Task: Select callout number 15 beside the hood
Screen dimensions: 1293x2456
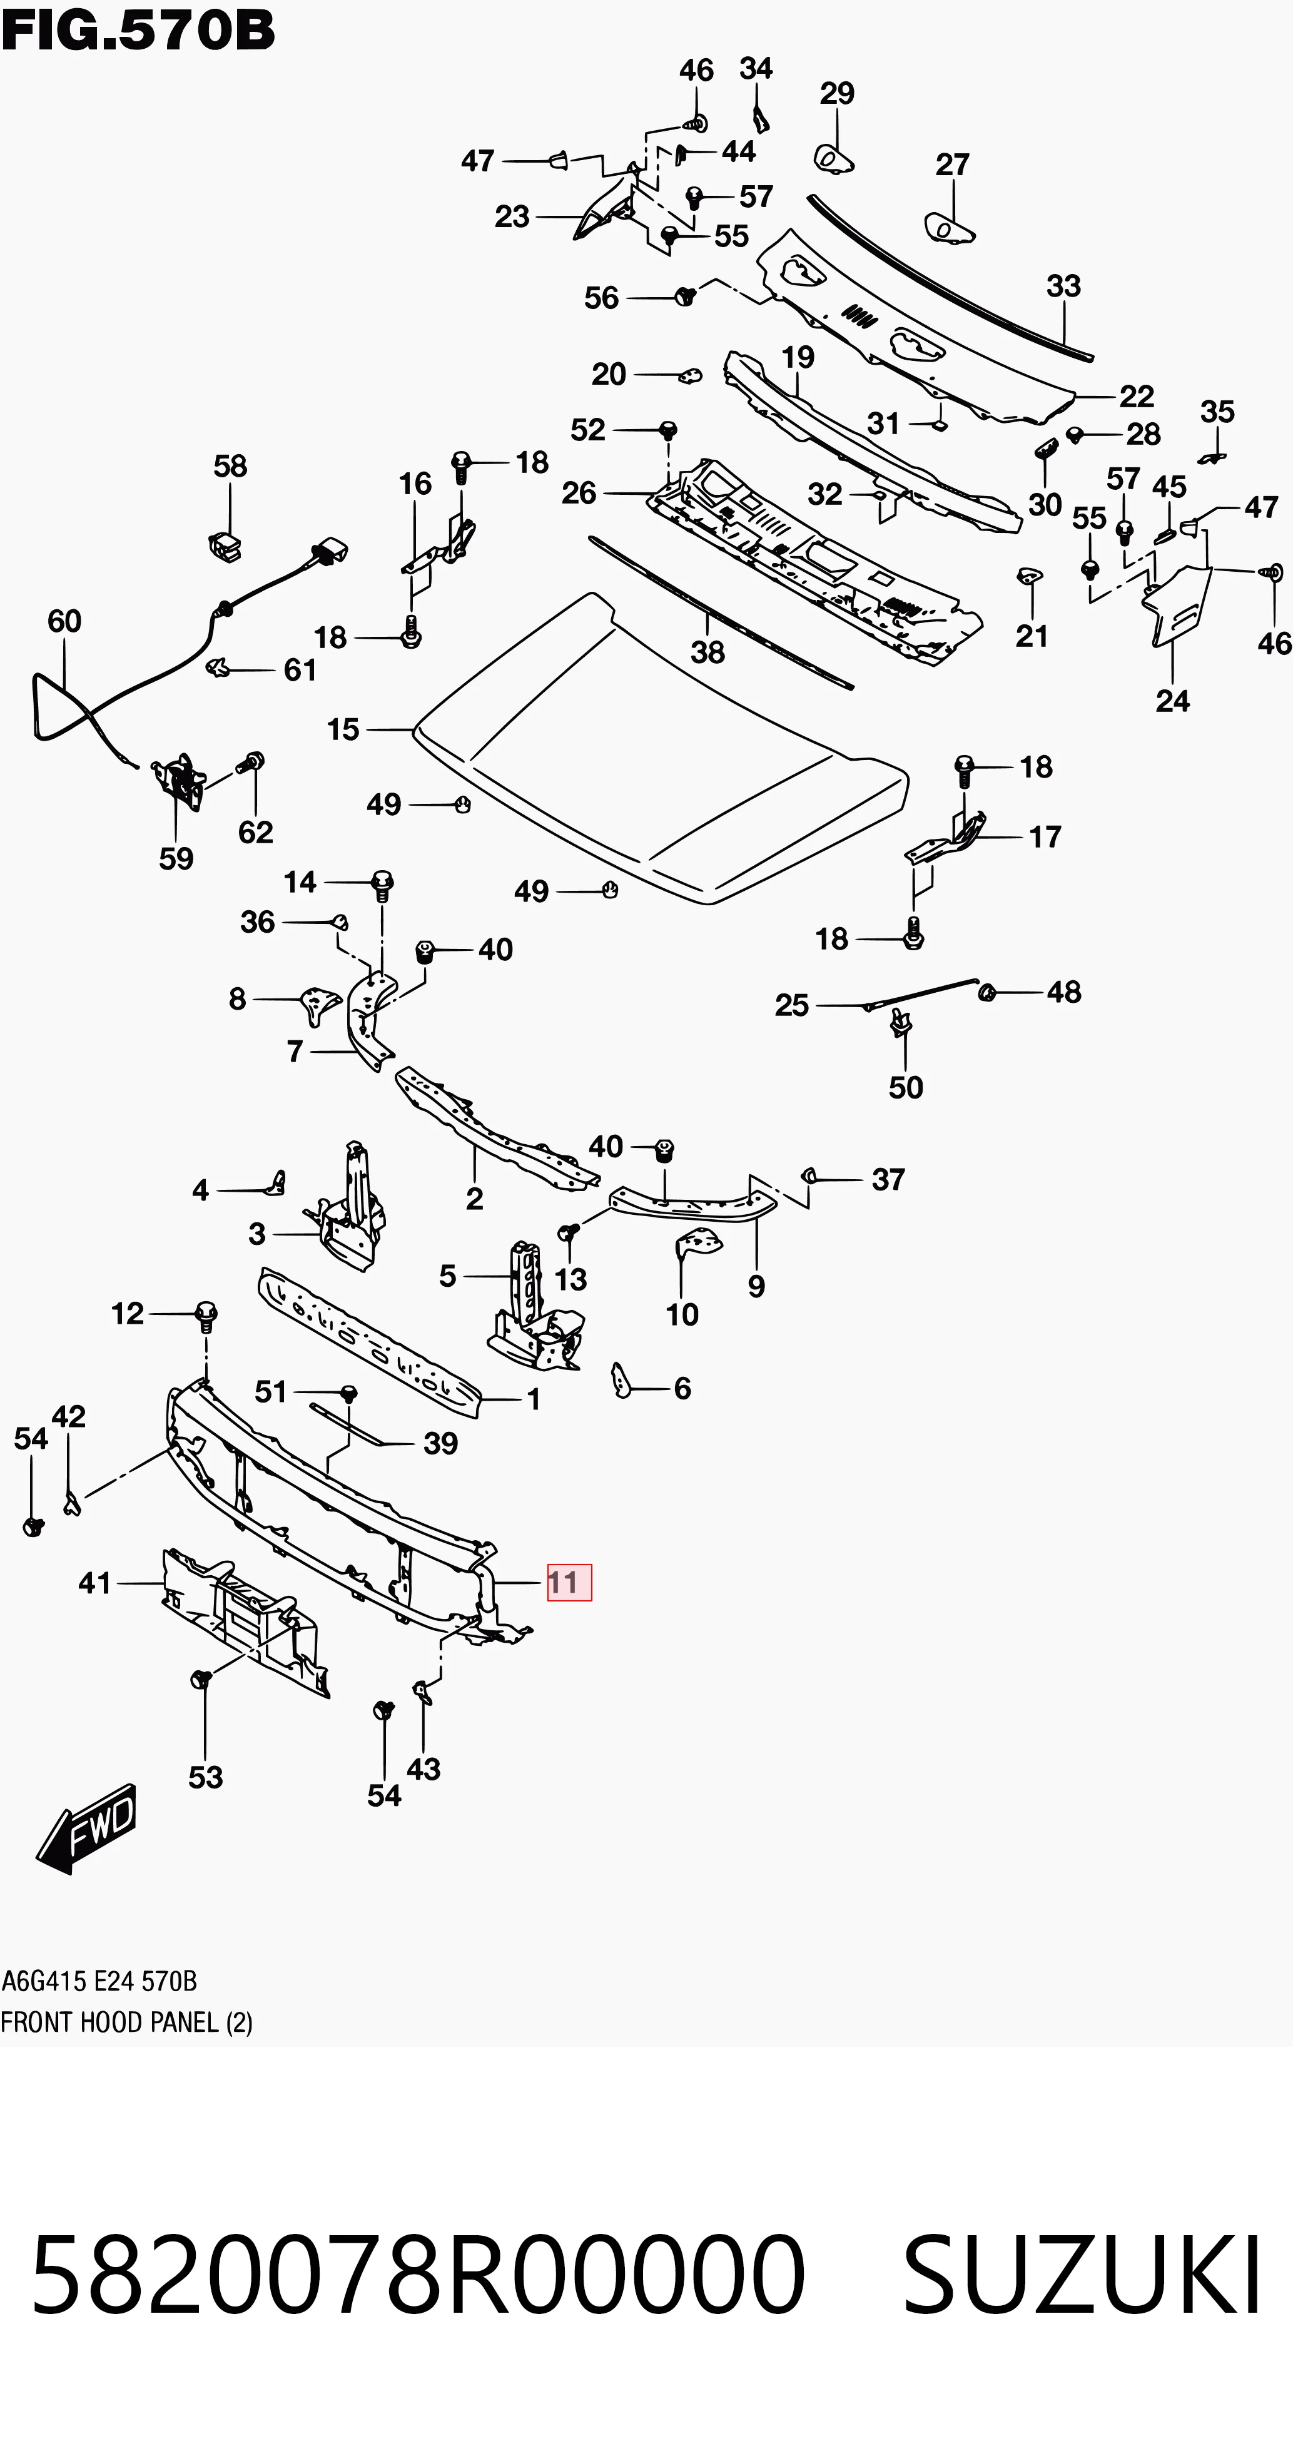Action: pos(343,729)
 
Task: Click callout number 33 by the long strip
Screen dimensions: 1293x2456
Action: pos(1064,285)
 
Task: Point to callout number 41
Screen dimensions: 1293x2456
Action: pos(95,1583)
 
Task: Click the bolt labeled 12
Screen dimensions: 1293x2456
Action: pos(206,1317)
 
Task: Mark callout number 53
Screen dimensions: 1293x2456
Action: pos(206,1777)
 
